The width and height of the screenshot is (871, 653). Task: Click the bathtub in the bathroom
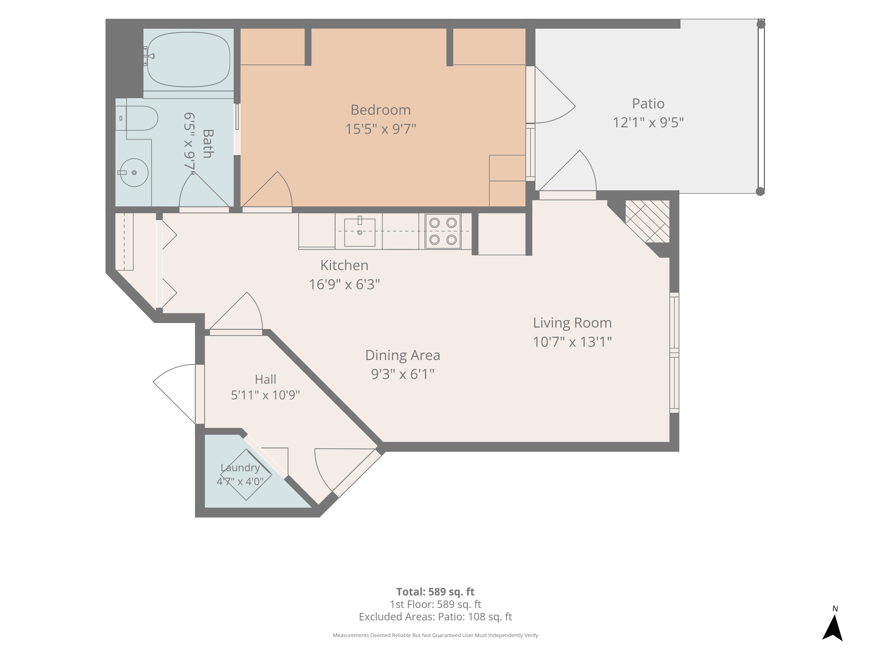click(188, 59)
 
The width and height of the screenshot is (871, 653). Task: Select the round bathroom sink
click(134, 172)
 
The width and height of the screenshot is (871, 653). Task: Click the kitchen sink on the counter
click(360, 232)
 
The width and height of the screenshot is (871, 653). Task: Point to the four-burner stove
click(443, 231)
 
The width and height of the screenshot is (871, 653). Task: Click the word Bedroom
click(381, 110)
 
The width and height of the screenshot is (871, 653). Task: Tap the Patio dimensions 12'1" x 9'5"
click(648, 122)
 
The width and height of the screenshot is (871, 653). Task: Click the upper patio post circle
click(761, 24)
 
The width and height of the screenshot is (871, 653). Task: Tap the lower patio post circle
click(760, 191)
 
